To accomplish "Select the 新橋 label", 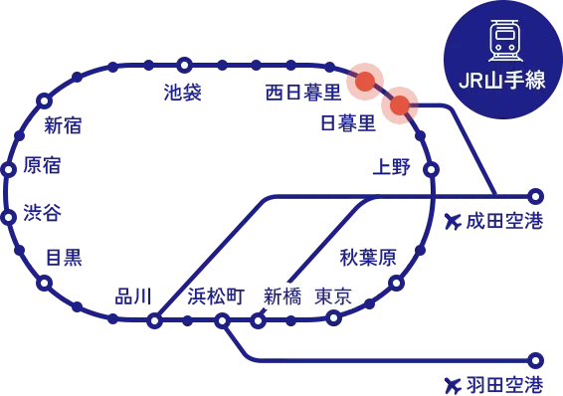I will point(281,296).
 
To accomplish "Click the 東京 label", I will point(332,296).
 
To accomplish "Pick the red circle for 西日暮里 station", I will point(365,83).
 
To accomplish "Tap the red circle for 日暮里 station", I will point(400,105).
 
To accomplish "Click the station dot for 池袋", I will point(184,65).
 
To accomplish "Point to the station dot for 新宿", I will point(44,100).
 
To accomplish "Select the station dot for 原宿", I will point(9,169).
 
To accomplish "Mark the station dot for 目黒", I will point(44,283).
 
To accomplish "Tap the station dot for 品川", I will point(154,321).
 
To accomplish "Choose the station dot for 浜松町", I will point(222,320).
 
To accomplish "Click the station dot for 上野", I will point(431,170).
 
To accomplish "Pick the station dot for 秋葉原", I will point(397,283).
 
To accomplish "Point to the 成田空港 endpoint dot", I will point(535,195).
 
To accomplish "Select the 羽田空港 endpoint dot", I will point(535,360).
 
